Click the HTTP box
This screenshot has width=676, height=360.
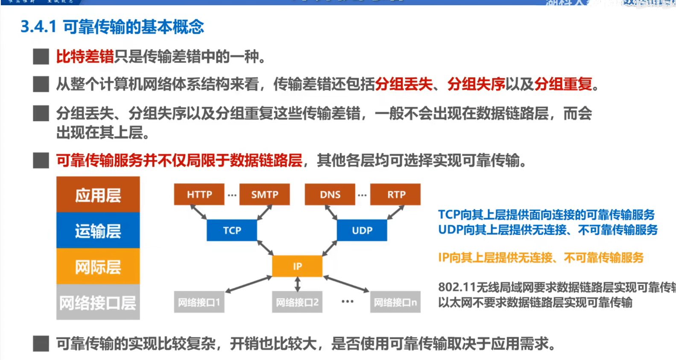[x=199, y=194]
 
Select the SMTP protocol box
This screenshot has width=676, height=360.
[x=264, y=194]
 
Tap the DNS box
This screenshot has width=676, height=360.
[x=330, y=194]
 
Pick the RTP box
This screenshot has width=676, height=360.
[x=395, y=194]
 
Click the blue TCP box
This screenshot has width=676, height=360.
[x=232, y=230]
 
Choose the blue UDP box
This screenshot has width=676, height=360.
[x=362, y=230]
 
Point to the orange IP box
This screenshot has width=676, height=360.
[x=297, y=266]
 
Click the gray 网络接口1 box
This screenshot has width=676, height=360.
[x=199, y=302]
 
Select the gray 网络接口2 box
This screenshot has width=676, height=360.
[x=297, y=302]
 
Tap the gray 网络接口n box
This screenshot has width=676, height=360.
[x=395, y=302]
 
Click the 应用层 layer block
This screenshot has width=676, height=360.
[x=98, y=195]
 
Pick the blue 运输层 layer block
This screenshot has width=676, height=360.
[x=98, y=231]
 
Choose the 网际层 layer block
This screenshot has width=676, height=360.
[x=98, y=267]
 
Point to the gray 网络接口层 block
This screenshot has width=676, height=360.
[x=98, y=302]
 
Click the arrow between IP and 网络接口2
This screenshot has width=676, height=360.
[x=298, y=284]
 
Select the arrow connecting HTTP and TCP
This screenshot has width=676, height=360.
[x=199, y=212]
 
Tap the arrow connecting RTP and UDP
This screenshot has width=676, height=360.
[x=395, y=212]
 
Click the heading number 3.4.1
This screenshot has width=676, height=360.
[x=38, y=27]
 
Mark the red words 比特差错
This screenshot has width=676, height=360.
[x=85, y=56]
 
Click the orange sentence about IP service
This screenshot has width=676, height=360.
[x=541, y=258]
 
